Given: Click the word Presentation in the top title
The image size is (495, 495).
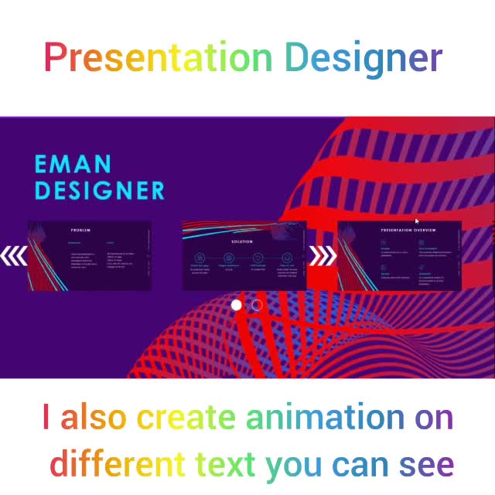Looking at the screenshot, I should point(158,58).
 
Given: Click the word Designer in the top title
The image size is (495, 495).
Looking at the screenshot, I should point(363,59).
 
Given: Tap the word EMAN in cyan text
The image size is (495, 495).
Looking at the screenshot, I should point(73,164).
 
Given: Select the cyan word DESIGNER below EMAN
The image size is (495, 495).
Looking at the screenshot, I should point(100,190).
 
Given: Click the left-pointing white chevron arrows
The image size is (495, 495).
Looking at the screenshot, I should point(14,256).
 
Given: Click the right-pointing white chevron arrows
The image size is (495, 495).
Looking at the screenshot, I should point(323,255).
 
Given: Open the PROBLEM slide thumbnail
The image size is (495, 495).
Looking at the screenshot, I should point(90,256).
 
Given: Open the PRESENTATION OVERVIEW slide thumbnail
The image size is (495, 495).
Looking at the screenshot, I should point(399,256).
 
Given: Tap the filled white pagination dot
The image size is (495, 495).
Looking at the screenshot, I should point(237,305).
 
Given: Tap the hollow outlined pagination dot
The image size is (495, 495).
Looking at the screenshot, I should point(257,305).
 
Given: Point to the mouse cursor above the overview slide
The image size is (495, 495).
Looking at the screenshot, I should point(416,221).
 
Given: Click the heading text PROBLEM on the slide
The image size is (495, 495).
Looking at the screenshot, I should point(81,230).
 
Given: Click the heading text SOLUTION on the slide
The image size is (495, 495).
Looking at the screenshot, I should point(242,241).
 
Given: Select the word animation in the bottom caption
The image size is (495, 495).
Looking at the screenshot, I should point(325,418).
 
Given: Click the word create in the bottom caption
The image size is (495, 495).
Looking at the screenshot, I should point(186,418).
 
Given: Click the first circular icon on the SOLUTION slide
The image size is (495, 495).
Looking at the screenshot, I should point(200,258).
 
